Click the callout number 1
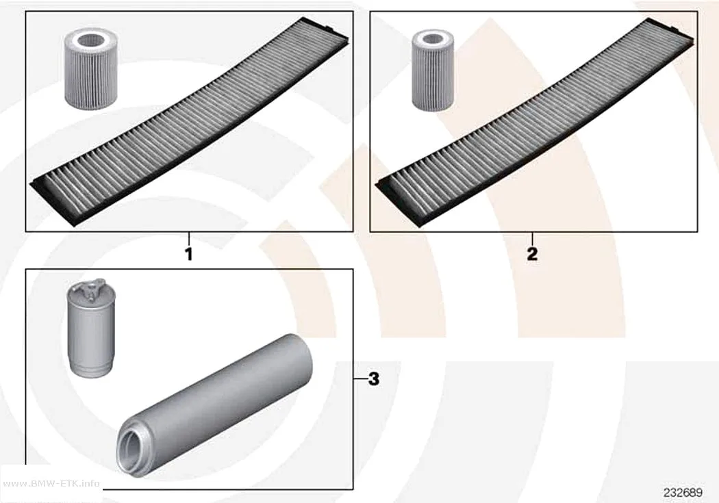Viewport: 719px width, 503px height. pos(188,255)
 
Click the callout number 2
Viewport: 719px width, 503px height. pos(532,254)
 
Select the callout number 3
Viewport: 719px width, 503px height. pos(374,379)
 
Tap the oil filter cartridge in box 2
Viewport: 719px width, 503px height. pos(433,70)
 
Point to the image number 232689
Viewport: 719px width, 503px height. pos(683,493)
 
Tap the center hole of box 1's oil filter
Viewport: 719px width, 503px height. pos(91,41)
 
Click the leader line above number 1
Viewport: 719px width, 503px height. pos(188,239)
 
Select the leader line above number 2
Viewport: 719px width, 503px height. pos(532,239)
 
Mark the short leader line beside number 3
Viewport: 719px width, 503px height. pos(360,379)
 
